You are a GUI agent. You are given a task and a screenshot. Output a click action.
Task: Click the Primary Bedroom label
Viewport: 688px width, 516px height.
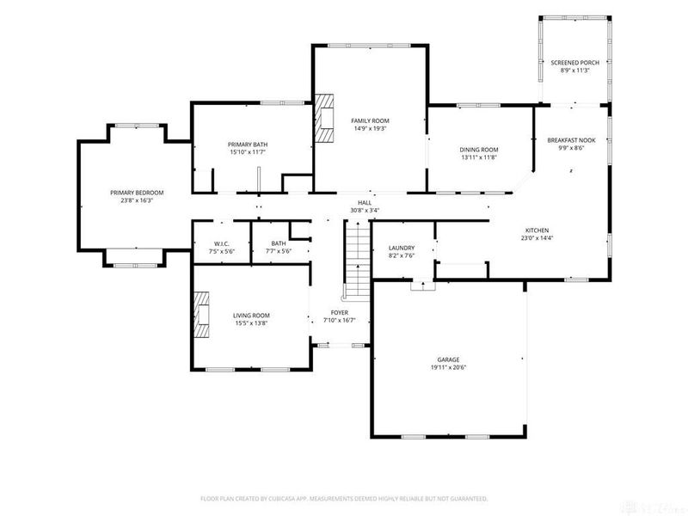click(x=137, y=193)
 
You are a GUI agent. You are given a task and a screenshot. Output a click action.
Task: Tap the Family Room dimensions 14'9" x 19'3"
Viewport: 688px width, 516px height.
click(x=370, y=128)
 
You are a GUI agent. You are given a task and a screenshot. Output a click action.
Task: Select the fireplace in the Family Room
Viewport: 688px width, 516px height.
click(x=324, y=118)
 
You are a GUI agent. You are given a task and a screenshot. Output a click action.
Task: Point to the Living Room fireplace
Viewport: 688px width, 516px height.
click(x=202, y=315)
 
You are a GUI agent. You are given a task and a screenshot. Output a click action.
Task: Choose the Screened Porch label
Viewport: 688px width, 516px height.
click(x=574, y=63)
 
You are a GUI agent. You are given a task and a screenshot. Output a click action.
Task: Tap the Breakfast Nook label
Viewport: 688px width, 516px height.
click(x=571, y=140)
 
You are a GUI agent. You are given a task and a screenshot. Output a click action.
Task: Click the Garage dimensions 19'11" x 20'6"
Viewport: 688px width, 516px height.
click(x=448, y=368)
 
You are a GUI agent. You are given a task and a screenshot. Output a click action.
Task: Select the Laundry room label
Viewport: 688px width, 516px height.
click(x=402, y=248)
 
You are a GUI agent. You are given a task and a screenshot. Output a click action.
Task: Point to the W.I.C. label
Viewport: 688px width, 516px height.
click(x=222, y=243)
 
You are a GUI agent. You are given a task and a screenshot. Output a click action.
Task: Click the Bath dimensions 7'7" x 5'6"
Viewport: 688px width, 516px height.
click(x=279, y=251)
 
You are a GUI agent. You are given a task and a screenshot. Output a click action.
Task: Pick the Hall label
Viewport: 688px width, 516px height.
click(x=365, y=203)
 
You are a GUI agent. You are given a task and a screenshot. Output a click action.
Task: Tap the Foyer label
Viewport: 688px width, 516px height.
click(x=339, y=312)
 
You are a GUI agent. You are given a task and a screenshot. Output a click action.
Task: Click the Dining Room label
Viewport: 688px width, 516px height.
click(x=479, y=150)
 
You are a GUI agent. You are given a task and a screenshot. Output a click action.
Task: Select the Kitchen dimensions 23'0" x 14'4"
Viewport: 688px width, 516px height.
click(x=537, y=238)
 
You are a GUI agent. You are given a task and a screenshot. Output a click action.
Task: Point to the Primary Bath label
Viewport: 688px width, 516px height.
click(x=248, y=144)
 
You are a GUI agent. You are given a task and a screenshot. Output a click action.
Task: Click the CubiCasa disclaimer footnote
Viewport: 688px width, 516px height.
click(x=344, y=499)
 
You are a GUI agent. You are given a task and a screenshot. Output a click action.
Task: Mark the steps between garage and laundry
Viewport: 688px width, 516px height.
click(x=422, y=286)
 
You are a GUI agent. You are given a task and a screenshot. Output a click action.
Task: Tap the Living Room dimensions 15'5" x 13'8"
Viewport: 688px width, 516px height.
click(x=251, y=323)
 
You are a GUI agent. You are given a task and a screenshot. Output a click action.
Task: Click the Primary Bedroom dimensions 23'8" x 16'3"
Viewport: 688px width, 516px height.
click(x=137, y=200)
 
